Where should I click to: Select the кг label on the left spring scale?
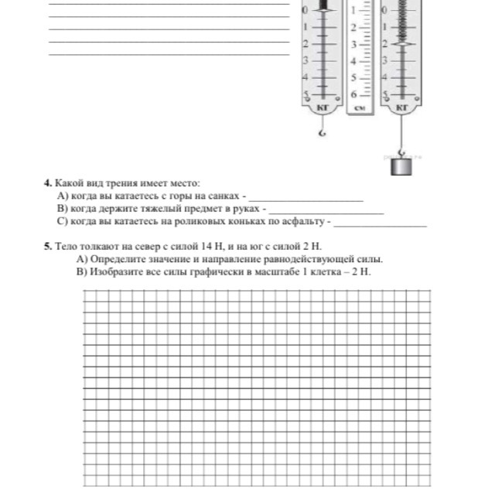(x=323, y=108)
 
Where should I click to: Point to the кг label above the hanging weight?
(x=401, y=108)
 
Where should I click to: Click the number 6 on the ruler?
(x=355, y=94)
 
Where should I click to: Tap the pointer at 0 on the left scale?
(x=323, y=10)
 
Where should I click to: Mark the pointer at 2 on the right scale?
(x=401, y=43)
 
